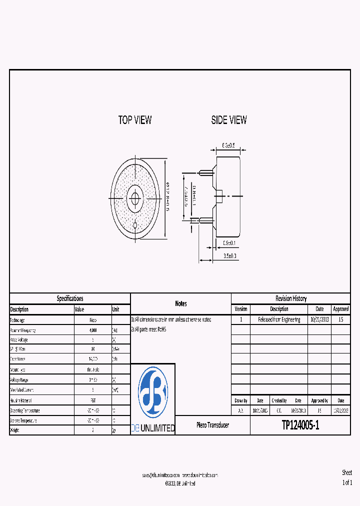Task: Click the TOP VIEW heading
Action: (x=134, y=120)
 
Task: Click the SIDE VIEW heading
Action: (x=228, y=120)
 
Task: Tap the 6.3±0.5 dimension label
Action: (x=228, y=145)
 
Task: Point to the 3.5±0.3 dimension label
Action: (x=230, y=255)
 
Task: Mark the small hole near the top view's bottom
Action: (x=135, y=225)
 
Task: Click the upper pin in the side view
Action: (x=205, y=173)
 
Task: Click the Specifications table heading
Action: (x=70, y=298)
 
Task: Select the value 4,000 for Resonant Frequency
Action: (x=93, y=330)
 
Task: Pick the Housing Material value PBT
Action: (x=93, y=400)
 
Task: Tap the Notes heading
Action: (x=180, y=303)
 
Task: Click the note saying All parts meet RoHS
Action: (x=149, y=329)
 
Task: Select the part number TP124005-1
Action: (x=300, y=425)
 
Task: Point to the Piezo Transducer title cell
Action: (x=212, y=425)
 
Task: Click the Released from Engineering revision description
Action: (x=279, y=319)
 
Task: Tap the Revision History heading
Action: (x=290, y=298)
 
